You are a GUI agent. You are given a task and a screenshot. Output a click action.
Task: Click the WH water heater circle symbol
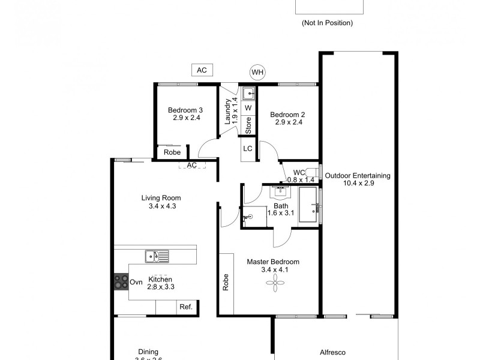(x=257, y=73)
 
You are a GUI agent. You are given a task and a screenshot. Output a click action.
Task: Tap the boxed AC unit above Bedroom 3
(x=202, y=70)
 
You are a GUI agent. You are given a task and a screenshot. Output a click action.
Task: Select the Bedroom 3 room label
(x=185, y=110)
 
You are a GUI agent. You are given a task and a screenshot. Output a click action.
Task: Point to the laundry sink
(x=249, y=94)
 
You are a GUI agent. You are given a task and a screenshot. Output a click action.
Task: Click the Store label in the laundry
(x=248, y=124)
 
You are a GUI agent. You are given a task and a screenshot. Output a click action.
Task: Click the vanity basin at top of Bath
(x=280, y=191)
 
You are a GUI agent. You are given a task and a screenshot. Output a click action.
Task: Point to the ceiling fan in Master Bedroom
(x=275, y=285)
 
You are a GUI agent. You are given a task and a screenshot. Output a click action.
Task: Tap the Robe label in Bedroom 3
(x=172, y=152)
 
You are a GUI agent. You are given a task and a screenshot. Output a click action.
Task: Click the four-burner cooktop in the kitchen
(x=121, y=281)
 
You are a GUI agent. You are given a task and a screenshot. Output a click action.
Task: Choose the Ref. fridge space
(x=186, y=307)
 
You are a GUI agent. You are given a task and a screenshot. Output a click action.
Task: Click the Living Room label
(x=161, y=198)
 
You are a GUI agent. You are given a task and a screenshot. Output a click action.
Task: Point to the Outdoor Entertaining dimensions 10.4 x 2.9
(x=358, y=184)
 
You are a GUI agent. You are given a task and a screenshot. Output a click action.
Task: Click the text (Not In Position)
(x=327, y=23)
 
